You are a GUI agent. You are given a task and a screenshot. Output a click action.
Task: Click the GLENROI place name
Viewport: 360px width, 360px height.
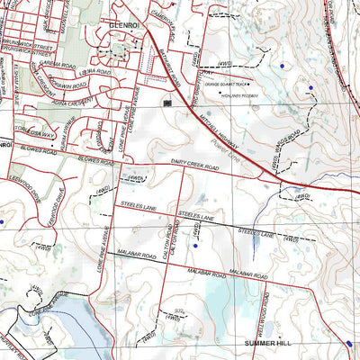pos(123,27)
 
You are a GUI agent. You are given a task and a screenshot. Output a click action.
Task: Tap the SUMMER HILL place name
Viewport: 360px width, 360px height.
pos(268,343)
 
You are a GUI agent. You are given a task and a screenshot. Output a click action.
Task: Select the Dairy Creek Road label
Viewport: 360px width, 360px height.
pos(194,166)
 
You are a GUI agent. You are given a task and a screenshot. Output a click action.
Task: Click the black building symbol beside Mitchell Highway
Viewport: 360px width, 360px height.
pos(166,103)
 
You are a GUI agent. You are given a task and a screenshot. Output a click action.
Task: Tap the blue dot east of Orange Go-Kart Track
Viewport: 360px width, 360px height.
pos(283,66)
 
